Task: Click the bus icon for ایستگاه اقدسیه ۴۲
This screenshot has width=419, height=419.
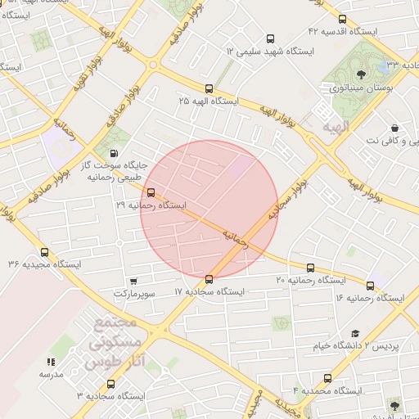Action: [x=342, y=19]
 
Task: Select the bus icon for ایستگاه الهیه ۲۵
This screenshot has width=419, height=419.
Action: [x=209, y=88]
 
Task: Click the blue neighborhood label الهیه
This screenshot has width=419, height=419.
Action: [x=335, y=128]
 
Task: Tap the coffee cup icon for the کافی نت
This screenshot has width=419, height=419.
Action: [x=395, y=128]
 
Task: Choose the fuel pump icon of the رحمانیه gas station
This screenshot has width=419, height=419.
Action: [x=113, y=152]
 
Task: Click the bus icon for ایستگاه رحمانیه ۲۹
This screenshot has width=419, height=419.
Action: [x=150, y=193]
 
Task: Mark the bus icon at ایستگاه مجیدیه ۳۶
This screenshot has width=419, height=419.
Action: [x=44, y=252]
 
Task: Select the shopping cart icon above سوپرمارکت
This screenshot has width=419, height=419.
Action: [x=133, y=281]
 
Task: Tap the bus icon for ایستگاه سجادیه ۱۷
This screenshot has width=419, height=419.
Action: [x=209, y=280]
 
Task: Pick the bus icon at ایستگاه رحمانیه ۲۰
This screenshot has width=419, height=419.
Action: [x=310, y=268]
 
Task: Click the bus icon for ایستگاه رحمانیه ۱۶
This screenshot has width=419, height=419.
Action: [x=371, y=286]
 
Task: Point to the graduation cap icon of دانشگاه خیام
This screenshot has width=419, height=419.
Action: [x=355, y=333]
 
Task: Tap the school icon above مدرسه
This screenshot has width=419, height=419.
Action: [x=50, y=361]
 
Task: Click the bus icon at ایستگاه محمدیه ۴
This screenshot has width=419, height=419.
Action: [x=328, y=379]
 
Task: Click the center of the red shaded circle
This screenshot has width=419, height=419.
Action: [x=209, y=209]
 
